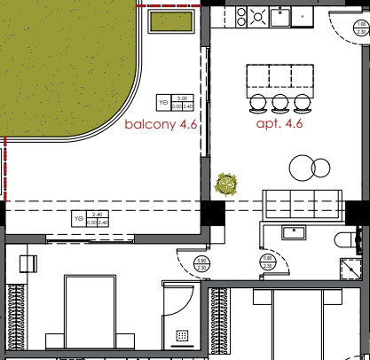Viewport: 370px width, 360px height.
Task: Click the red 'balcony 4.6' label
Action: [x=160, y=126]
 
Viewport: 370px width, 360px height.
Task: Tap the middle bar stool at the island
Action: [x=280, y=100]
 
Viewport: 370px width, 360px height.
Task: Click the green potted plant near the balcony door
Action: [x=227, y=184]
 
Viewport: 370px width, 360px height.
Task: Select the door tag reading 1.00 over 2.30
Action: [x=350, y=35]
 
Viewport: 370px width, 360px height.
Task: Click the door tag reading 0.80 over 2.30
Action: [x=268, y=261]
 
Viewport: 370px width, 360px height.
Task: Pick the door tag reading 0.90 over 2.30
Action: [x=201, y=262]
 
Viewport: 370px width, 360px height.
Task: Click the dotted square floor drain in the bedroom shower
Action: [x=184, y=334]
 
